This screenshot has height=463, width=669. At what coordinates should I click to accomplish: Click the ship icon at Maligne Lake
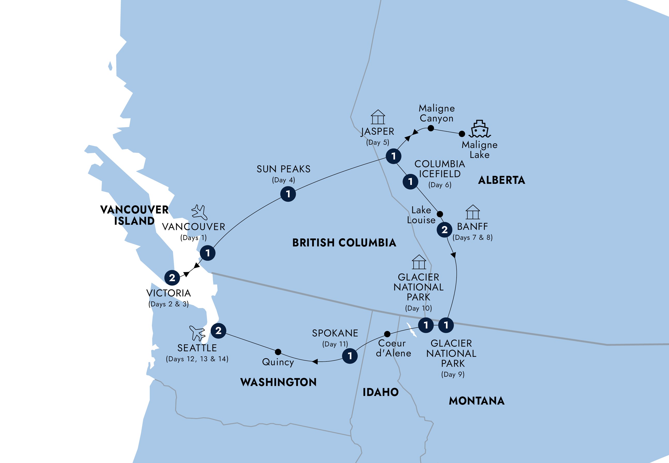coord(479,129)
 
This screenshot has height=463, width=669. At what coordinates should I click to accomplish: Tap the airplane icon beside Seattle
coord(197,333)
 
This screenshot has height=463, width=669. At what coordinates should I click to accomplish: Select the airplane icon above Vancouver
coord(199,212)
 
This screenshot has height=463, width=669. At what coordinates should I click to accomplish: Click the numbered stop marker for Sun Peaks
coord(288,194)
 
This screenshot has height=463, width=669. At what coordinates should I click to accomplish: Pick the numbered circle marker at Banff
coord(444,230)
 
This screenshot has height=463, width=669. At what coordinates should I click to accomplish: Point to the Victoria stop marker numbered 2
coord(172,278)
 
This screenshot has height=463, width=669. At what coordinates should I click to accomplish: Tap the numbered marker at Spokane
coord(350,356)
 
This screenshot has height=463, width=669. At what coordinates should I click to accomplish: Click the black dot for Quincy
coord(278,352)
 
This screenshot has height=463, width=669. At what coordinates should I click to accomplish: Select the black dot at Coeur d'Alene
coord(387,334)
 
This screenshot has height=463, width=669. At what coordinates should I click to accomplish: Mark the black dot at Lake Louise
coord(440,214)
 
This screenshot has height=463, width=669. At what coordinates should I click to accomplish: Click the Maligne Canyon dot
coord(431,128)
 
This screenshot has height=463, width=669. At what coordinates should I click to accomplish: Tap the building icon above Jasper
coord(378,117)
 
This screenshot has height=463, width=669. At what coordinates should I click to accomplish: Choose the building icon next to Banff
coord(473,212)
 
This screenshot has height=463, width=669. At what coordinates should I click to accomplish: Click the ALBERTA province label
coord(501,180)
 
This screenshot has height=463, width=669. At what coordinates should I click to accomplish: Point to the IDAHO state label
coord(381,392)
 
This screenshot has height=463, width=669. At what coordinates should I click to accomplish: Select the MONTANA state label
coord(477,401)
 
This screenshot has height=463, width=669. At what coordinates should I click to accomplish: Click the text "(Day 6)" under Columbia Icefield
coord(440,185)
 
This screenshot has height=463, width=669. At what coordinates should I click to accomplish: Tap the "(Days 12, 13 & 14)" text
coord(197,359)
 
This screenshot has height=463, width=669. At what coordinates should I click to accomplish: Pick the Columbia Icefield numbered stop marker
coord(410,181)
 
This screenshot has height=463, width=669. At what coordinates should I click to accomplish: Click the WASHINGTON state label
coord(278,382)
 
